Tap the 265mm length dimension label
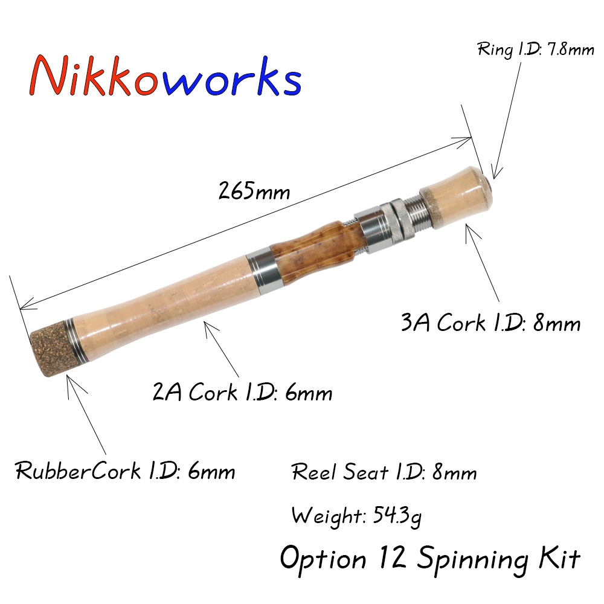point(254,191)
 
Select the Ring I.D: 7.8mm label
point(536,50)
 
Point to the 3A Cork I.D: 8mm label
point(490,323)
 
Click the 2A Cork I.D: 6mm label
point(242,393)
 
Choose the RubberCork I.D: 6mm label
point(125,471)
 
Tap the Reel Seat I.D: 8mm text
point(384,472)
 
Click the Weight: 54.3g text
point(357,516)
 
